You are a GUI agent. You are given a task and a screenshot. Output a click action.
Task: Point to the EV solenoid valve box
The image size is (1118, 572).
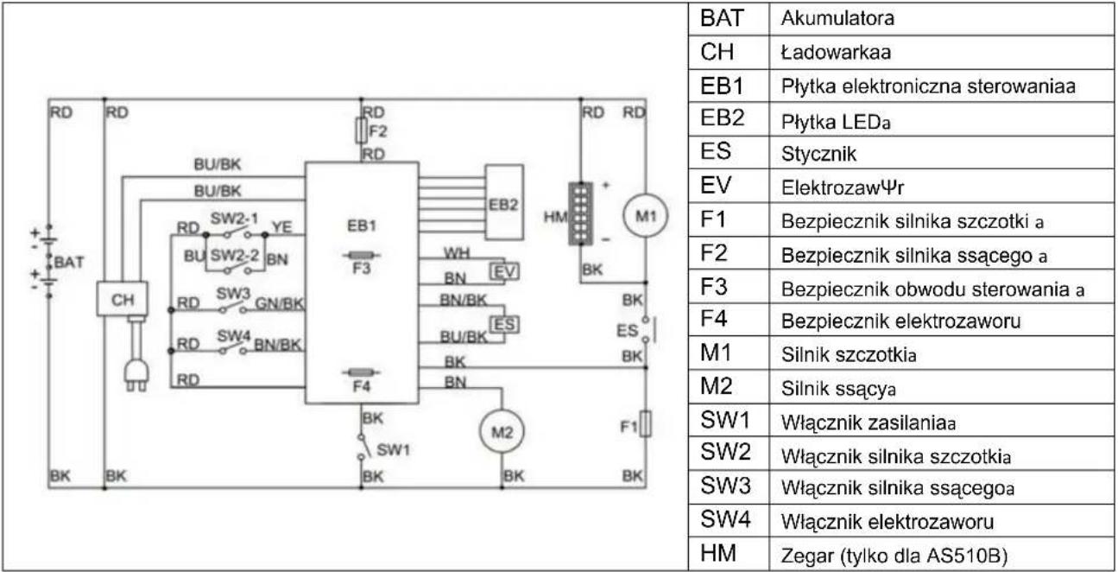click(504, 272)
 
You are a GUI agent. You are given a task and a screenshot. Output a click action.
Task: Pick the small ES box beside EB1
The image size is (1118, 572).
click(504, 325)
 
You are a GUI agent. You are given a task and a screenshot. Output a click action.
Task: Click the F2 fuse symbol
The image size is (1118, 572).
click(361, 130)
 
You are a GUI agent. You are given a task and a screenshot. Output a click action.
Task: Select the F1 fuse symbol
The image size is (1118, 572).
click(646, 424)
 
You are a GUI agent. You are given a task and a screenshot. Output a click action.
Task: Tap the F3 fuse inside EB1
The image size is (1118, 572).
click(362, 256)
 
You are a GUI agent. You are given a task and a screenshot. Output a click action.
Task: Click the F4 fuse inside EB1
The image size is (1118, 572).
click(362, 372)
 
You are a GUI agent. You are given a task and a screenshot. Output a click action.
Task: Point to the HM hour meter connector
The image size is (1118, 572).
click(580, 213)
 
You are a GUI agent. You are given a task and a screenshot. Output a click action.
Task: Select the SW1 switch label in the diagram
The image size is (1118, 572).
click(394, 450)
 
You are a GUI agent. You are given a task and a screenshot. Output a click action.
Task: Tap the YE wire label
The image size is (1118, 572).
click(282, 227)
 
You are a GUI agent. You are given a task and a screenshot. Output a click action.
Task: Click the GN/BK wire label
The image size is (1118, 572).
click(279, 302)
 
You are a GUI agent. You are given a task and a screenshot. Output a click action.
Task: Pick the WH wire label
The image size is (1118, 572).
click(458, 253)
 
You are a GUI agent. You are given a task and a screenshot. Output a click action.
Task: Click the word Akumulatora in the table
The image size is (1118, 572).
click(837, 18)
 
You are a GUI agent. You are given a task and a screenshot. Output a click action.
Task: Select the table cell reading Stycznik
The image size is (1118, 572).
click(818, 154)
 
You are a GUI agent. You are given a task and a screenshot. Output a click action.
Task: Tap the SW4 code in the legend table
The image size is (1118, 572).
click(726, 519)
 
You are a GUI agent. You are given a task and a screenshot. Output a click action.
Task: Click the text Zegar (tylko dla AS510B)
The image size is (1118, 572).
click(894, 556)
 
